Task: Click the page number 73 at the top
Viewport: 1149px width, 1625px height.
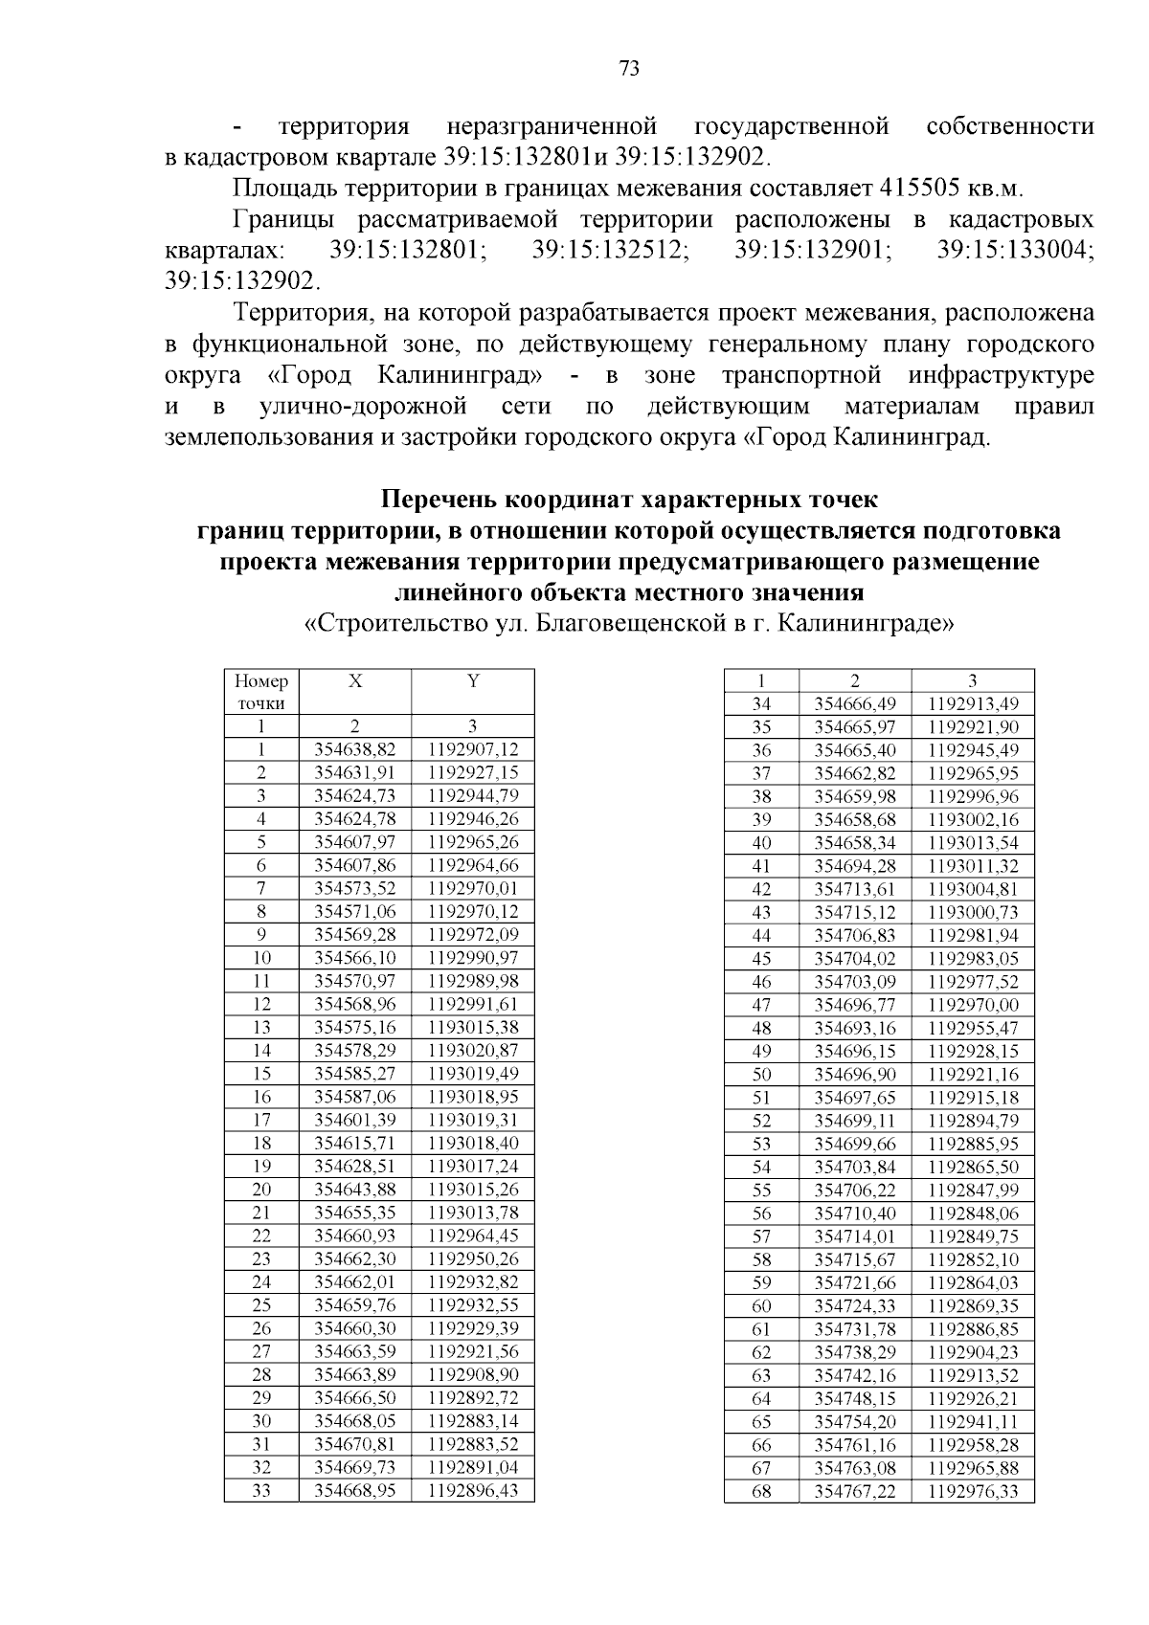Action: point(629,68)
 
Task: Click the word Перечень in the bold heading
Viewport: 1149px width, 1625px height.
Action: point(439,500)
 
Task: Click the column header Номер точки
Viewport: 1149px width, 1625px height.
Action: point(261,692)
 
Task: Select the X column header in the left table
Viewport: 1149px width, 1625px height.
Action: point(355,681)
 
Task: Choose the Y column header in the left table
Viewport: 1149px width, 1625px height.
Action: point(473,681)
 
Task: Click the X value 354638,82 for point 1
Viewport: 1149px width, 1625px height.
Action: point(355,749)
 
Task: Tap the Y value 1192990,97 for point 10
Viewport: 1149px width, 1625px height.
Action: point(473,958)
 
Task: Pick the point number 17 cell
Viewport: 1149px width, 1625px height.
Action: point(261,1120)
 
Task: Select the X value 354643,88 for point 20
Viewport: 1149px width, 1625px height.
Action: point(355,1190)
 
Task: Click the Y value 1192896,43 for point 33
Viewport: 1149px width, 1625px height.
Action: point(473,1491)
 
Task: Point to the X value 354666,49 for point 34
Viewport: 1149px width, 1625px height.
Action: point(855,704)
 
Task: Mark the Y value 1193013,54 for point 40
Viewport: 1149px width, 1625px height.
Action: point(973,843)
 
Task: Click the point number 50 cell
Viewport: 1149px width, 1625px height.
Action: point(761,1075)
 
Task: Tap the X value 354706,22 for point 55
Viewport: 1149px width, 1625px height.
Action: point(855,1191)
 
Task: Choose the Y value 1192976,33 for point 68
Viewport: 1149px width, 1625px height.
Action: point(973,1491)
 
